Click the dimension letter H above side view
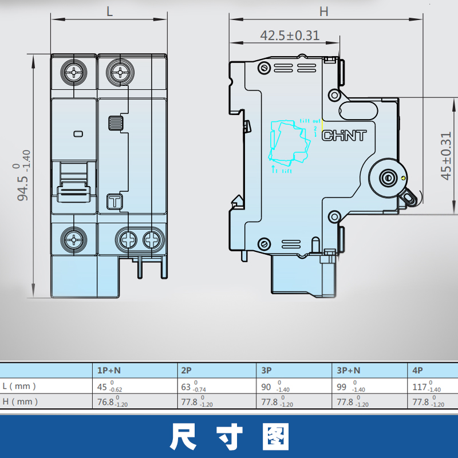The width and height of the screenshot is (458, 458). click(324, 10)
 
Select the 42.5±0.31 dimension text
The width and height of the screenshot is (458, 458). click(290, 35)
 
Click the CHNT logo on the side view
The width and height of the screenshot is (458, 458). click(344, 136)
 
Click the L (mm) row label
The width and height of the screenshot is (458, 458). click(20, 386)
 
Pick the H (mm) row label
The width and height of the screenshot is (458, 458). click(20, 401)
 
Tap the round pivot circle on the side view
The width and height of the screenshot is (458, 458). click(388, 177)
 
